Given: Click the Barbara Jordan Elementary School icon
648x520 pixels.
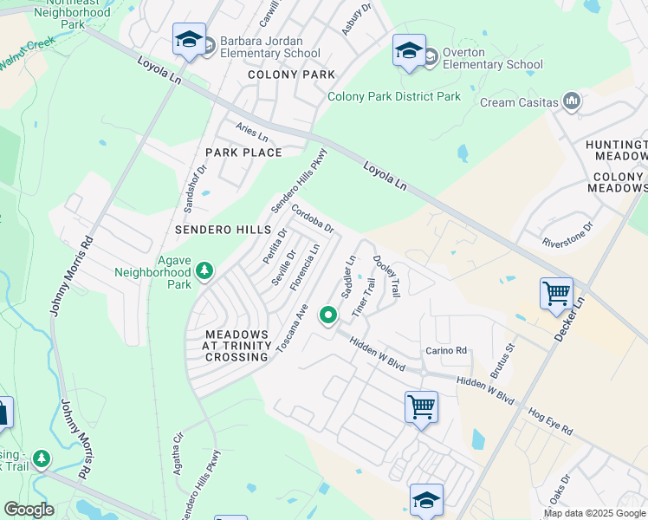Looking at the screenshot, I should pyautogui.click(x=189, y=40).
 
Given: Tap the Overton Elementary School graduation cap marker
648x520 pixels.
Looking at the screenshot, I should pyautogui.click(x=409, y=51).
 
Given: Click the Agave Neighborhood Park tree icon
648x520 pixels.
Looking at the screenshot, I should pyautogui.click(x=204, y=271).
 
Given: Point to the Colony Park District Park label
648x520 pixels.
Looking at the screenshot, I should pyautogui.click(x=394, y=96).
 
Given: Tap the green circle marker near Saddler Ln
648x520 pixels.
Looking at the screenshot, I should pyautogui.click(x=327, y=315).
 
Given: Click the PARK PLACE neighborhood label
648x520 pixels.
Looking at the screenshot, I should pyautogui.click(x=243, y=153).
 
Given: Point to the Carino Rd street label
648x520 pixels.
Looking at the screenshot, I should pyautogui.click(x=446, y=351).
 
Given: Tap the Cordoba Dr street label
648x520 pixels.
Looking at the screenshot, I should pyautogui.click(x=313, y=218).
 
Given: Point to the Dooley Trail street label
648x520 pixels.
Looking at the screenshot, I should pyautogui.click(x=386, y=276).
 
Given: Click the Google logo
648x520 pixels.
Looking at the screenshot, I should pyautogui.click(x=29, y=510).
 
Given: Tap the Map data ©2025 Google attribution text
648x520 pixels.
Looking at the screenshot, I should pyautogui.click(x=594, y=513).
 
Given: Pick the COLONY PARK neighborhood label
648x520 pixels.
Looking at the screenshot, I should pyautogui.click(x=291, y=75).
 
